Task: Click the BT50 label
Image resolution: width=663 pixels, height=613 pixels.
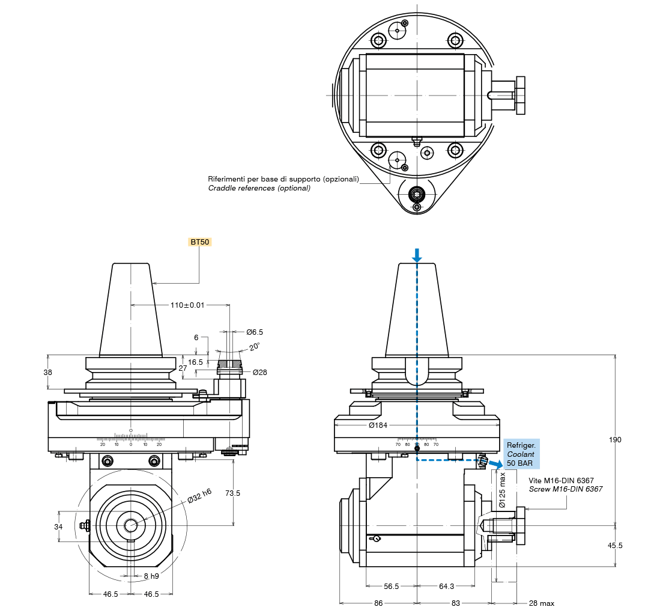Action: click(x=201, y=242)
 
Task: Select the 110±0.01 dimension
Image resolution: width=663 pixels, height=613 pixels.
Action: click(x=187, y=305)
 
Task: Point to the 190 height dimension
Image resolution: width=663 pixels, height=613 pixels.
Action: click(x=615, y=439)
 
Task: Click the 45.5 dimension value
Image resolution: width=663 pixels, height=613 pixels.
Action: click(x=615, y=546)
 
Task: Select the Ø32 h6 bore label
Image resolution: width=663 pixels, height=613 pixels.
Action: click(x=199, y=495)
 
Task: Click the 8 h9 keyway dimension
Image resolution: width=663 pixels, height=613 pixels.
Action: click(x=151, y=576)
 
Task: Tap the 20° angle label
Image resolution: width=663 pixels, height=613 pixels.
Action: click(x=254, y=347)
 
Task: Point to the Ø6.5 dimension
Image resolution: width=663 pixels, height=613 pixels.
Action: click(x=254, y=332)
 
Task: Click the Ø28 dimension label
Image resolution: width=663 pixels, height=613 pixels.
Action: click(x=259, y=372)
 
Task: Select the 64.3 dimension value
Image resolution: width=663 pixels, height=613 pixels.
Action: click(x=446, y=586)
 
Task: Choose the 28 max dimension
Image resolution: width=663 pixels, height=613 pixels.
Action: click(x=542, y=603)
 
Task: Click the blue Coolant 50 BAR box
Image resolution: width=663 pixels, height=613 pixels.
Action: click(x=521, y=454)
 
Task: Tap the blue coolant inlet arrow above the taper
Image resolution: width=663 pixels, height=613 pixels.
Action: click(x=417, y=255)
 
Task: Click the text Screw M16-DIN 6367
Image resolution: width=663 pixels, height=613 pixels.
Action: click(x=565, y=489)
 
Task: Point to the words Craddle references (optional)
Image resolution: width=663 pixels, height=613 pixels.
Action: click(x=259, y=188)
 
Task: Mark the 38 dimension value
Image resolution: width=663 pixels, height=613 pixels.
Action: click(x=48, y=372)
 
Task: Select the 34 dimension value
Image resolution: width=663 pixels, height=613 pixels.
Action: click(x=58, y=526)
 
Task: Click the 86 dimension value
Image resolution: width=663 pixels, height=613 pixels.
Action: click(x=378, y=603)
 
